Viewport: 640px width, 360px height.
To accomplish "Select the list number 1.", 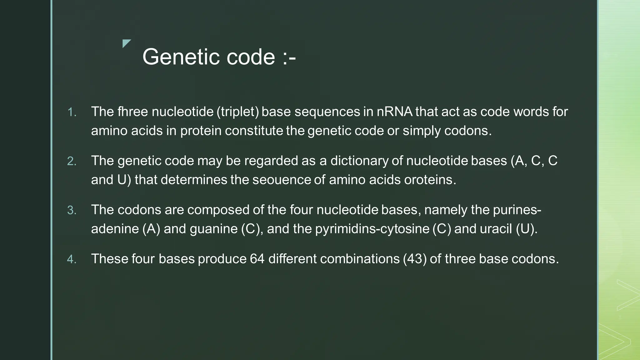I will pos(72,112).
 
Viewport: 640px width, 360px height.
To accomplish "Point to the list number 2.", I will pos(72,161).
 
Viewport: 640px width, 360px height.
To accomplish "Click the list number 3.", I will pos(72,210).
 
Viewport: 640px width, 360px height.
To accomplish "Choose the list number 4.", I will pos(72,259).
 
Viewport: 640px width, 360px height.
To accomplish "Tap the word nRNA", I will pos(394,112).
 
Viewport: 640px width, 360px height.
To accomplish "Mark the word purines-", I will pos(517,210).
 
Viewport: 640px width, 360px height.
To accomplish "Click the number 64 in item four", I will pos(257,259).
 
